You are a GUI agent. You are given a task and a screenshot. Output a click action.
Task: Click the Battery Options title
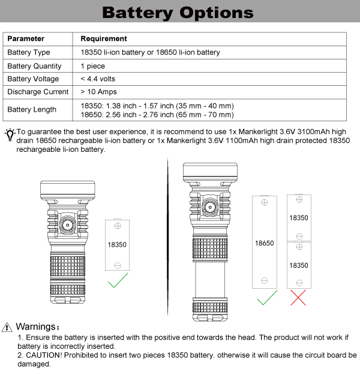(178, 13)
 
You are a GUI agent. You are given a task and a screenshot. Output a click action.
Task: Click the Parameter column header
(26, 39)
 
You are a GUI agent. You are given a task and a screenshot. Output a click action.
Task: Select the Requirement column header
(103, 39)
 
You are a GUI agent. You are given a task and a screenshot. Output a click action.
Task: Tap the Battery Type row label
(29, 52)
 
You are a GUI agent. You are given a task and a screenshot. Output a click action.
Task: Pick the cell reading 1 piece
(92, 66)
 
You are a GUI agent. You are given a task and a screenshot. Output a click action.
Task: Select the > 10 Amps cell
(98, 92)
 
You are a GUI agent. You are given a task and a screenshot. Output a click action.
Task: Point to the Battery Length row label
(32, 109)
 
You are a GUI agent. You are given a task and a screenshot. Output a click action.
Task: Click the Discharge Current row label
(37, 92)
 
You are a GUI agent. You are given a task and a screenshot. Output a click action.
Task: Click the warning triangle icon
(7, 327)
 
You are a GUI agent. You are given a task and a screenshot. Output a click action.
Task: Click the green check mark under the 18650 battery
(266, 297)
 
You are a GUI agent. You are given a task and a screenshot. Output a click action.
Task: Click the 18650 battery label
(264, 244)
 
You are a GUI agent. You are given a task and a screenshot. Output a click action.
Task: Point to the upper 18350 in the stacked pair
(298, 217)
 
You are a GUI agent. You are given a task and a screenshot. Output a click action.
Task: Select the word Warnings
(37, 327)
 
